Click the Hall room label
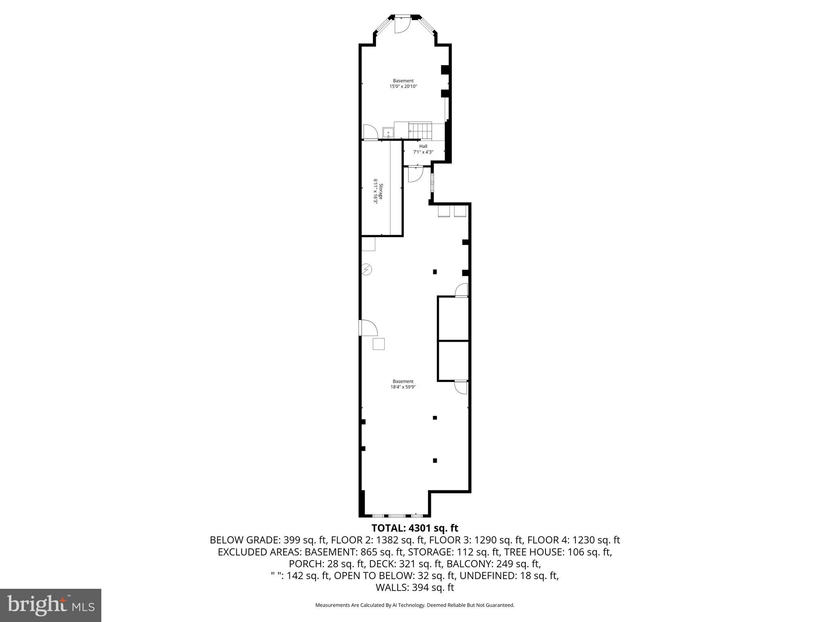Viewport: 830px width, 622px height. [x=423, y=146]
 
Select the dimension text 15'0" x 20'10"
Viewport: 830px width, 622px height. [x=403, y=86]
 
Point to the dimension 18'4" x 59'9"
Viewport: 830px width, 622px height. [x=403, y=387]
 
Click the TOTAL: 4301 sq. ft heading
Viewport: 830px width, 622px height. [x=415, y=528]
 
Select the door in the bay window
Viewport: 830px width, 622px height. [x=402, y=25]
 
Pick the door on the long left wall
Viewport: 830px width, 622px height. [x=368, y=328]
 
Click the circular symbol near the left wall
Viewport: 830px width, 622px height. [x=367, y=269]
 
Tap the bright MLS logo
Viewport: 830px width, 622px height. [x=51, y=605]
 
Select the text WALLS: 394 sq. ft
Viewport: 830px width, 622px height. [x=415, y=588]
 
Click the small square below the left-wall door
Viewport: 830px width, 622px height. [x=379, y=344]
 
